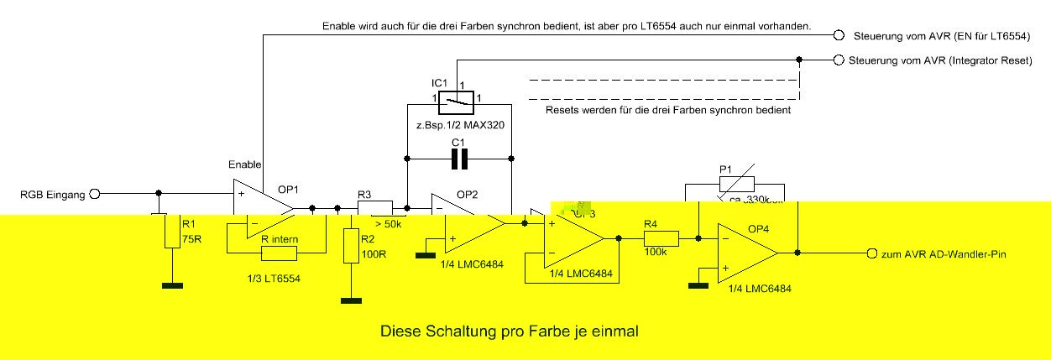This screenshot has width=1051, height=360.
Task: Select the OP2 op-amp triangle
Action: (465, 222)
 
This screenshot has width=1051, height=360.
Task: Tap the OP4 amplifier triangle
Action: (745, 252)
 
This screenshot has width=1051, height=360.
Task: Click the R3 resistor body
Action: (375, 208)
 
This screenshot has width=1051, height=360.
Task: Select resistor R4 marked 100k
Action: (656, 238)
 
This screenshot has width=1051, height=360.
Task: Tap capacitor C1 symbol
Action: (459, 158)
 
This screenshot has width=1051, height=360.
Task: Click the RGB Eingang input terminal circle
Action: (95, 194)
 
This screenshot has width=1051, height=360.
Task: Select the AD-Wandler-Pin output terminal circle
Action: (871, 253)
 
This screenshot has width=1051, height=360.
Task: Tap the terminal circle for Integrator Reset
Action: (838, 60)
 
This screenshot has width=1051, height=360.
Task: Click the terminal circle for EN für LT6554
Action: (838, 36)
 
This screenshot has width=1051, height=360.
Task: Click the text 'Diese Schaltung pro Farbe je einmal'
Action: (510, 331)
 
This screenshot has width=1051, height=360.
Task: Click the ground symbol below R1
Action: (173, 286)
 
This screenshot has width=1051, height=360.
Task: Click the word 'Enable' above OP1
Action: (245, 164)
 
